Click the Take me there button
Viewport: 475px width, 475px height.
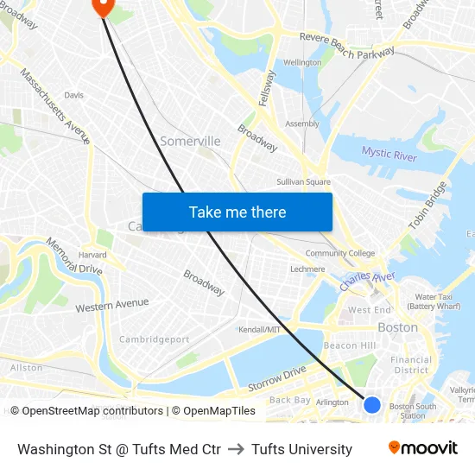coord(237,212)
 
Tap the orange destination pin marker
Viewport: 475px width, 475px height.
coord(102,6)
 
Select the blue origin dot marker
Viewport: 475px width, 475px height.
coord(372,404)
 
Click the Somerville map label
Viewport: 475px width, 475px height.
coord(190,141)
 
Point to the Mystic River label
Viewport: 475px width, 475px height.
coord(389,155)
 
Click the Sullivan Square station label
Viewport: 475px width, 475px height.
coord(303,182)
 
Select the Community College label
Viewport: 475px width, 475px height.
coord(340,253)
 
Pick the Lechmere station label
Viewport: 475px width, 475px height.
coord(307,269)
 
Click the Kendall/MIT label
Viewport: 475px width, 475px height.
coord(259,330)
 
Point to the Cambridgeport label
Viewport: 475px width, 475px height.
coord(154,339)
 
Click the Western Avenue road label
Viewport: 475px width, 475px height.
coord(112,305)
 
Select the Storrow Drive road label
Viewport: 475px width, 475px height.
coord(276,377)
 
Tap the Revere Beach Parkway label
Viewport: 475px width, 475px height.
coord(346,45)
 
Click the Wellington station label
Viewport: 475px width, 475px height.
coord(302,63)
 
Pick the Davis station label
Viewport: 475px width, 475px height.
coord(74,96)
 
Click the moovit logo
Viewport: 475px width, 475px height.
coord(423,447)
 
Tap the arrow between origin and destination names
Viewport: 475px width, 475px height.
coord(236,449)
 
